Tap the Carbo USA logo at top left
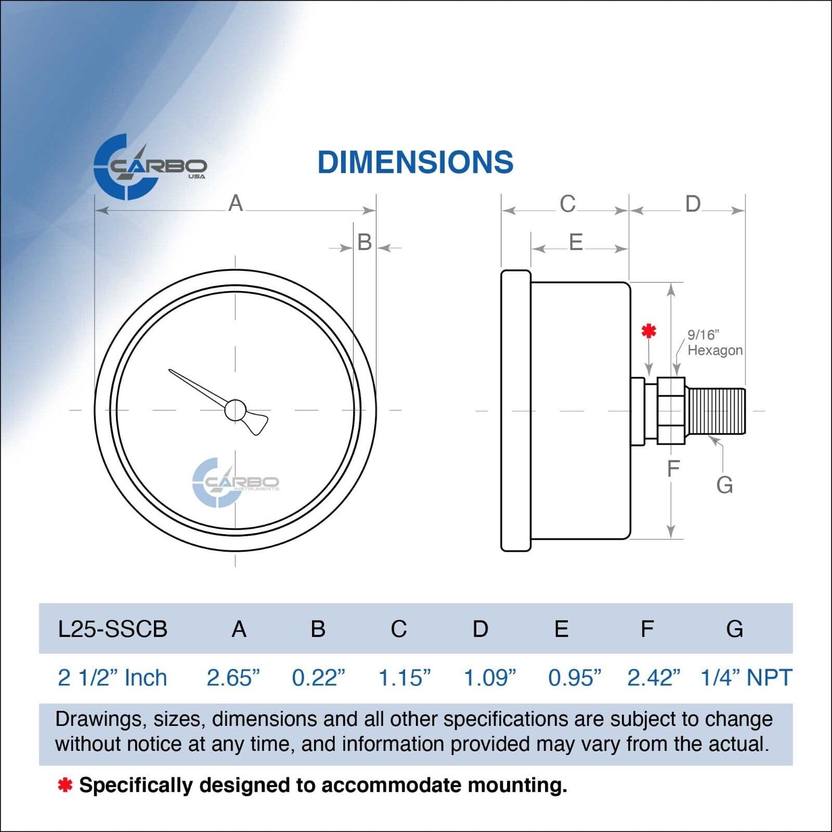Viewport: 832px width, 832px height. click(150, 167)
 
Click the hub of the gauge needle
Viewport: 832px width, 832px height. click(236, 410)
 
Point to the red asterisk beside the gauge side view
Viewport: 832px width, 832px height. click(648, 330)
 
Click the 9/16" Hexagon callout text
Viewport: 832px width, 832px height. click(715, 343)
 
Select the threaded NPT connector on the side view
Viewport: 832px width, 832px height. click(716, 411)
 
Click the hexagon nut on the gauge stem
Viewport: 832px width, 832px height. click(671, 411)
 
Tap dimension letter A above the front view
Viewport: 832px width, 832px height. click(236, 203)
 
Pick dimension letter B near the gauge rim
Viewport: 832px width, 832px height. click(365, 242)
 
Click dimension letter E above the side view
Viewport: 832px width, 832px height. click(576, 242)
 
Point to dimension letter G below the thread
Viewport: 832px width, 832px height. click(724, 485)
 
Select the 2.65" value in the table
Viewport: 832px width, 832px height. click(233, 678)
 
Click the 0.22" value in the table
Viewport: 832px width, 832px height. click(318, 678)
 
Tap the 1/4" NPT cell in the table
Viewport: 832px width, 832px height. click(746, 678)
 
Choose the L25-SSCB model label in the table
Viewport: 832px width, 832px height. click(112, 629)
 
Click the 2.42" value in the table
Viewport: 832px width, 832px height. click(654, 678)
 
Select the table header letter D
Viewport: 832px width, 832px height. click(480, 629)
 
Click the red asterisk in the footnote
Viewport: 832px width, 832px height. click(65, 785)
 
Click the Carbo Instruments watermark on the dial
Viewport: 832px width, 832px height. click(236, 483)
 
